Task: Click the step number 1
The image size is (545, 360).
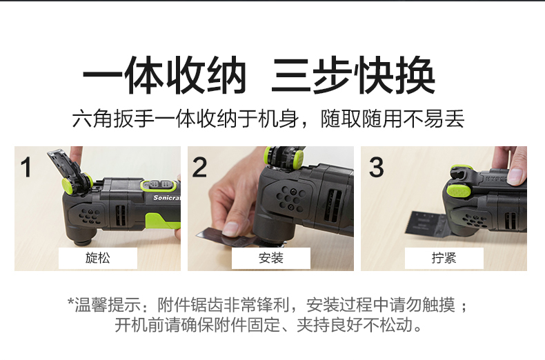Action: click(26, 167)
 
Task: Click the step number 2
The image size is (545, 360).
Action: click(199, 167)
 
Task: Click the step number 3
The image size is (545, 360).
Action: click(377, 167)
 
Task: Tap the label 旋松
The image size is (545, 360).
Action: click(98, 258)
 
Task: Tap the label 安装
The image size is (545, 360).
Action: click(270, 258)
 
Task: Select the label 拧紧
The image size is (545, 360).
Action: click(444, 258)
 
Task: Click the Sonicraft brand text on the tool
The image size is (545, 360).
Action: click(167, 198)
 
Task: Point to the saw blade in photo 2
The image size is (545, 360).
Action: click(226, 237)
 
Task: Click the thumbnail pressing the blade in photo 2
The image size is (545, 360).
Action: click(230, 229)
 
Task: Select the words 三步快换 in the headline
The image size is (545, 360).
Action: click(353, 75)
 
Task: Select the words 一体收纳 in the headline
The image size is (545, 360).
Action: click(164, 75)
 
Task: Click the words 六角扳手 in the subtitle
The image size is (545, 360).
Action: click(113, 119)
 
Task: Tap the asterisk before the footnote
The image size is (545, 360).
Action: click(71, 301)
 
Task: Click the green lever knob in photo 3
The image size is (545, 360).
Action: click(458, 191)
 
